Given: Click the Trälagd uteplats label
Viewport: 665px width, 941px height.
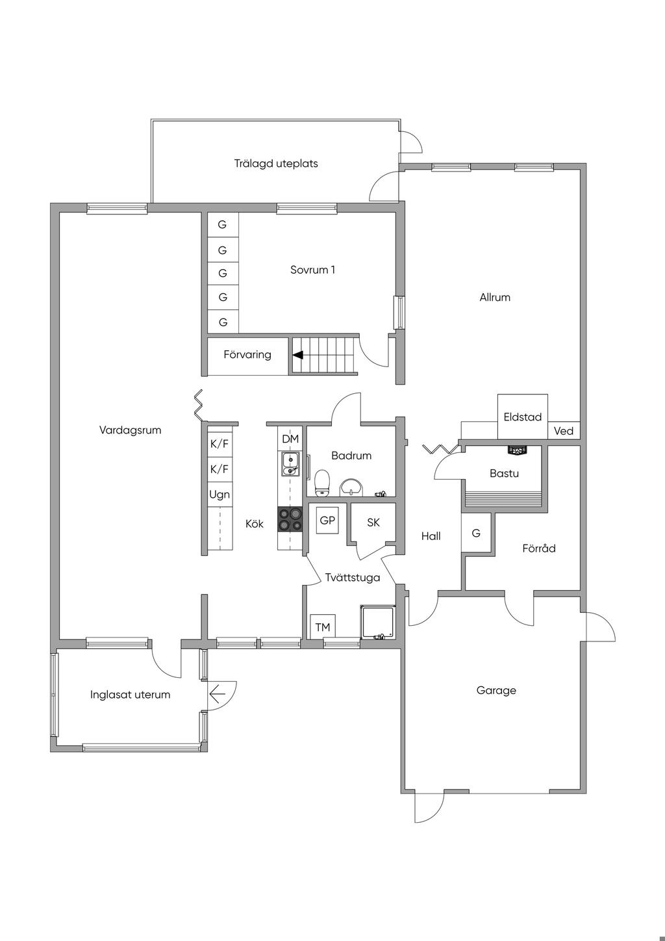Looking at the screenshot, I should point(276,164).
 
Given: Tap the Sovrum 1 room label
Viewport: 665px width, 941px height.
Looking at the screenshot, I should point(312,270).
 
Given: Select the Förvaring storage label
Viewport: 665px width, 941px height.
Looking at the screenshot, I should point(247,355).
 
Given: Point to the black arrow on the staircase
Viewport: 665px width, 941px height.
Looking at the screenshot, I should point(297,355).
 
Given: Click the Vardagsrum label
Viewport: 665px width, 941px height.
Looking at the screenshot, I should point(130,430).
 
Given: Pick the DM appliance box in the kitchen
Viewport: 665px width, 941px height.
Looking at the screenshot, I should point(290,439).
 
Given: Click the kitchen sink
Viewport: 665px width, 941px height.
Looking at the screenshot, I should point(290,464).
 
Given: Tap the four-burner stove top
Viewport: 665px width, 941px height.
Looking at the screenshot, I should point(290,519).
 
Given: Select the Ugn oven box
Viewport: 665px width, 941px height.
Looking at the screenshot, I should point(220,495).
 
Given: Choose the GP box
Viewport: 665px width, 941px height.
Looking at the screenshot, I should point(327,521).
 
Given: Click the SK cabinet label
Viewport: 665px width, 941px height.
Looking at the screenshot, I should point(373,522).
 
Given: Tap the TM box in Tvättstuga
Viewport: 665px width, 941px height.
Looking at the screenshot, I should point(322,627).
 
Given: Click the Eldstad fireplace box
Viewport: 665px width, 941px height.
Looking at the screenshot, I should point(523,417).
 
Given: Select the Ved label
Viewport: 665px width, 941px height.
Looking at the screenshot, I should point(564,431).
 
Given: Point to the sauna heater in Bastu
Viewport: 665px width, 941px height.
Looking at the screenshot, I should point(518,449).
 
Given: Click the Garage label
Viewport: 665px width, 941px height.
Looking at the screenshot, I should point(496,690).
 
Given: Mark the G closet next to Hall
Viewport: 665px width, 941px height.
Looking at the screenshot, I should point(476,534).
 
